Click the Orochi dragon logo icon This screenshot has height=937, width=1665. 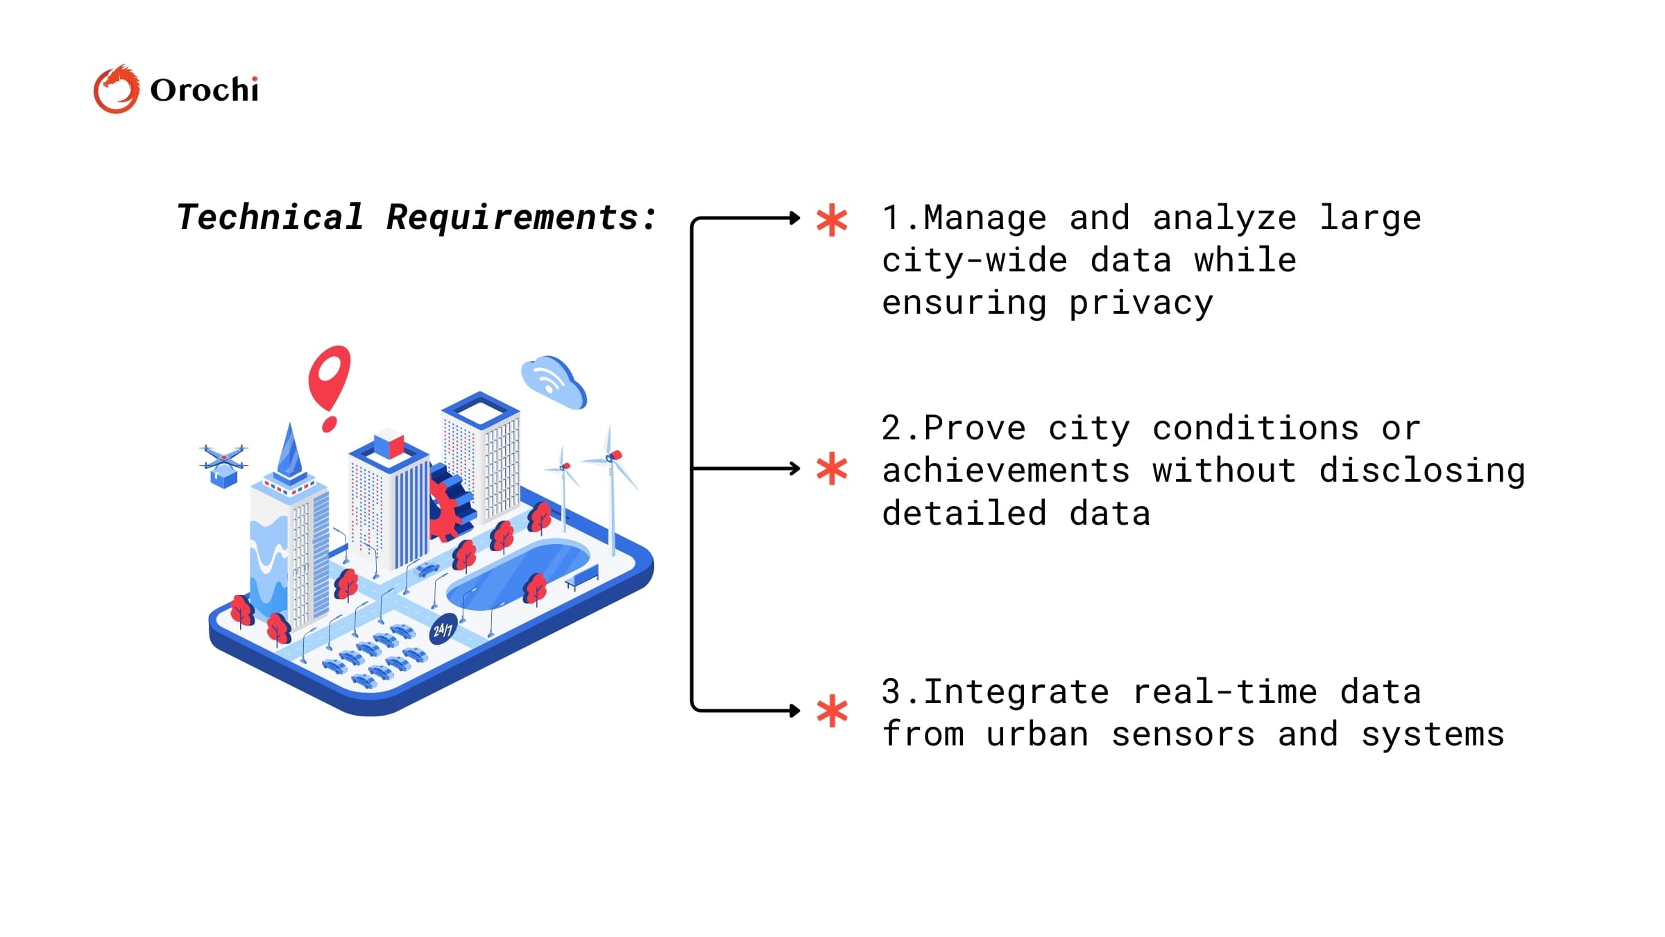point(116,90)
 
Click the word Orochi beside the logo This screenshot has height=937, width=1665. point(204,90)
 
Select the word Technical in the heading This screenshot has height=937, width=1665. point(270,217)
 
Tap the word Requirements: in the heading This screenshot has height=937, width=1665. point(521,217)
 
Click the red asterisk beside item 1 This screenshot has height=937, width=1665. point(832,220)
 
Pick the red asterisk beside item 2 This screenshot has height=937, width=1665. point(832,469)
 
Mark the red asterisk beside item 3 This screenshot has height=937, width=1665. point(832,711)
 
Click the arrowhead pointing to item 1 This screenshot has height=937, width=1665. point(795,219)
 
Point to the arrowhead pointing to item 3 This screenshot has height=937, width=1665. point(795,711)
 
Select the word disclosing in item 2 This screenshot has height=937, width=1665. point(1421,471)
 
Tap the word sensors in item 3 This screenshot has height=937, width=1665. point(1183,734)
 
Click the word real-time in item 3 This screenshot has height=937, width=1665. point(1224,692)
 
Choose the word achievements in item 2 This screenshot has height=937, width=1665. point(1006,471)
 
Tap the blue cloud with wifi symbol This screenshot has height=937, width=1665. point(554,382)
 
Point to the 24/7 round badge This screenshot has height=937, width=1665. point(443,630)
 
